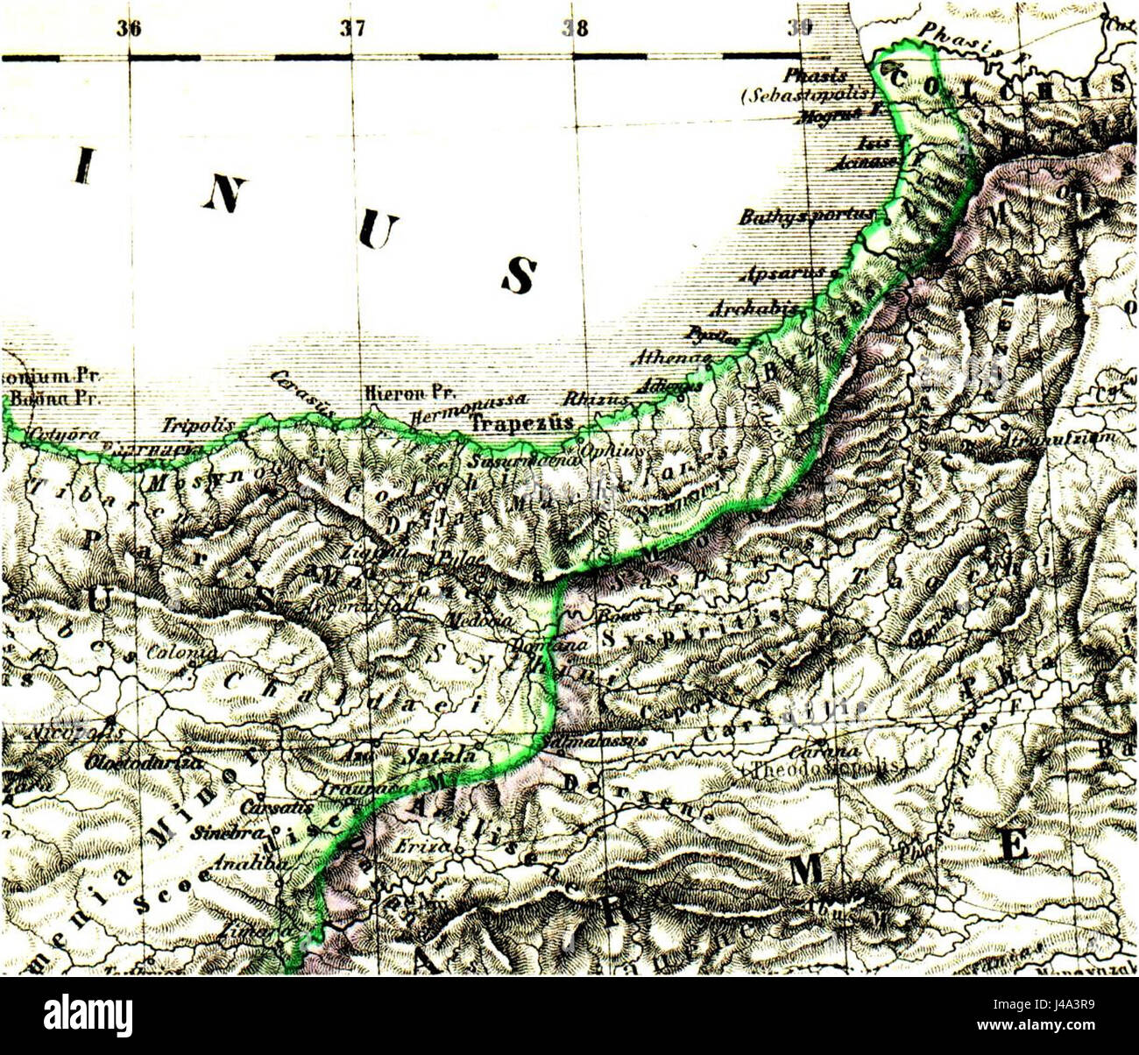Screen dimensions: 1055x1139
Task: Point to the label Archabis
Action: coord(754,309)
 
